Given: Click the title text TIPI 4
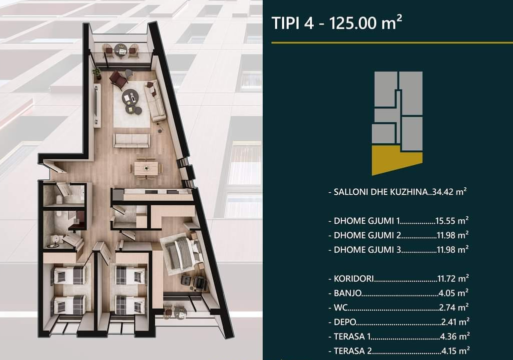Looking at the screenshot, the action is click(x=293, y=23).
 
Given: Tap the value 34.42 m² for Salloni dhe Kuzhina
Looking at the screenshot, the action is click(x=449, y=192).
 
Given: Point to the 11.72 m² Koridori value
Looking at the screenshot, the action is click(x=453, y=279).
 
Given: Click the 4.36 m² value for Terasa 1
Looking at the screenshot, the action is click(x=456, y=336).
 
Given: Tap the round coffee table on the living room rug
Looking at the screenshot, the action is click(x=130, y=97).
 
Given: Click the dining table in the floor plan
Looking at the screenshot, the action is click(x=146, y=169).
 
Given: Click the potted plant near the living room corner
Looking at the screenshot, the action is click(x=97, y=73).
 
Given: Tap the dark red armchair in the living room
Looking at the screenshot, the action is click(x=118, y=79).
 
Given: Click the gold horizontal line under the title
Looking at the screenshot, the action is click(x=392, y=42).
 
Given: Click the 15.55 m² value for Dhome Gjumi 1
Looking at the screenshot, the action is click(x=452, y=221).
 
